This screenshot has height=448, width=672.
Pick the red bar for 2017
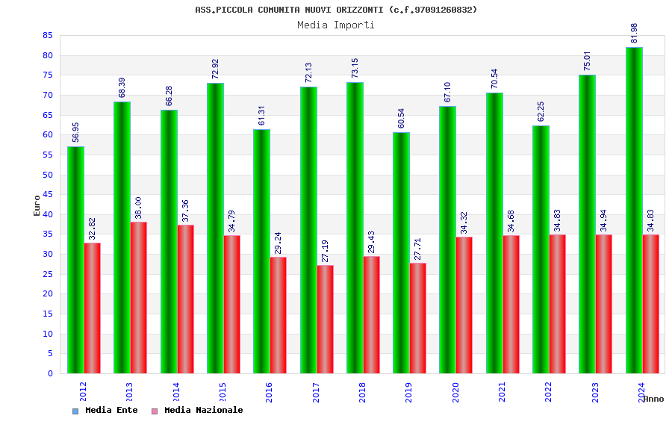point(325,319)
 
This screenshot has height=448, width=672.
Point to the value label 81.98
point(635,33)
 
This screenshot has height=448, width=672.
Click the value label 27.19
point(326,251)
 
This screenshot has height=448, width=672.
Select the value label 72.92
point(216,69)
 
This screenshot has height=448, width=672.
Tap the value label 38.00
point(139,208)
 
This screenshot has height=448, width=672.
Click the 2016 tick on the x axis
point(269,392)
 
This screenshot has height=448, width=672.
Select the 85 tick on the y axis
point(48,36)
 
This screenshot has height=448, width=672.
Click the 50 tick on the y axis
point(48,175)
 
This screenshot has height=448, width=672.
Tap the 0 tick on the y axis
point(51,373)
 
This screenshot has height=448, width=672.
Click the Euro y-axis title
point(37,205)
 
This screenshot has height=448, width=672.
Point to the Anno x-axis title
point(653,399)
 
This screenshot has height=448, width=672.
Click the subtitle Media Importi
point(336,25)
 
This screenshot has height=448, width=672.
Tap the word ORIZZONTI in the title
point(361,10)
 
